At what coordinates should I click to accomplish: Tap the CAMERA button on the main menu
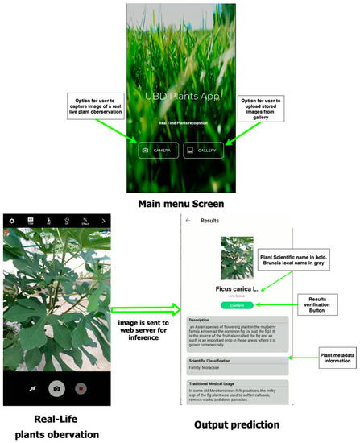point(157,150)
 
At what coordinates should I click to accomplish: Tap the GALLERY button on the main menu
point(202,150)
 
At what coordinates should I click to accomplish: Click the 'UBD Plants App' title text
point(180,96)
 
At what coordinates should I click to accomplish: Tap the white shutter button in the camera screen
point(57,388)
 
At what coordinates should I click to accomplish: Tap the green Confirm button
point(236,305)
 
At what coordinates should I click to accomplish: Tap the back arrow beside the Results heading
point(188,220)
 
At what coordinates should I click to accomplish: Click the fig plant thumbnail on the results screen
point(237,257)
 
